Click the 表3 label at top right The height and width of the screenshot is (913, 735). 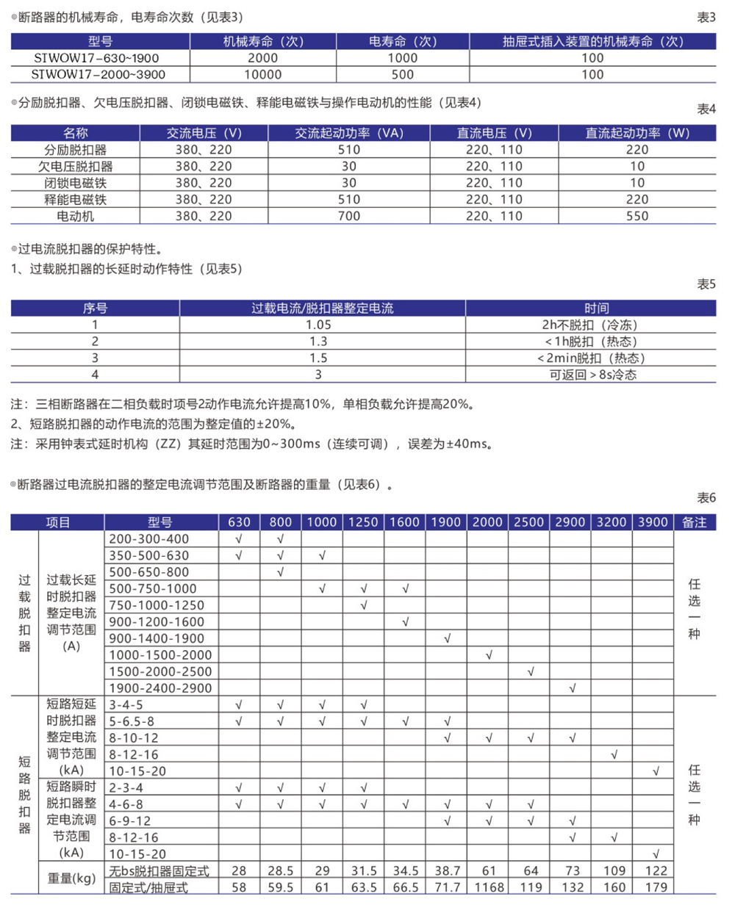click(x=706, y=18)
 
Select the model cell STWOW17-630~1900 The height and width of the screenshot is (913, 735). click(x=96, y=58)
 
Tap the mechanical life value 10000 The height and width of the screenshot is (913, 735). click(x=262, y=74)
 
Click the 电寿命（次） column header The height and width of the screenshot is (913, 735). click(x=403, y=42)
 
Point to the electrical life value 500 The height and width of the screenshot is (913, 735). click(x=403, y=74)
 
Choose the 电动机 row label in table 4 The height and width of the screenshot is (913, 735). click(x=76, y=216)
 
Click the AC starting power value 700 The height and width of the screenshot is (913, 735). click(x=349, y=216)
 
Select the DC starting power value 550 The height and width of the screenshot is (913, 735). click(x=637, y=216)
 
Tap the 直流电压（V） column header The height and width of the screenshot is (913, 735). click(x=494, y=133)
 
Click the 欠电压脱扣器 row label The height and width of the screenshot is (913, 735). click(x=76, y=166)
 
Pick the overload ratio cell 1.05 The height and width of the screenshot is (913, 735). click(x=318, y=325)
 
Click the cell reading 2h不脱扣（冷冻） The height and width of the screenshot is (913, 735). click(x=590, y=325)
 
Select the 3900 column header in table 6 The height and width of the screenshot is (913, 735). click(x=653, y=522)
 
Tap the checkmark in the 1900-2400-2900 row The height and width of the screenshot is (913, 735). click(x=573, y=688)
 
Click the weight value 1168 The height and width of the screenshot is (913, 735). click(x=489, y=887)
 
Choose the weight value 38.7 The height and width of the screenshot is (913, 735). click(x=447, y=870)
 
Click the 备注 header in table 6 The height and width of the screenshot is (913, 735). click(x=694, y=522)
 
